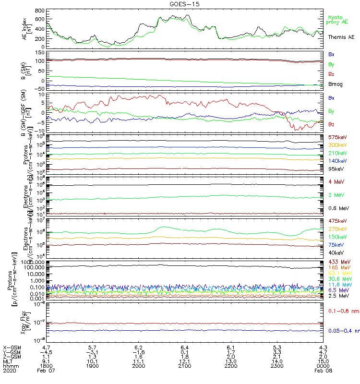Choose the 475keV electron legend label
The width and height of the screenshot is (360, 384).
coord(338,221)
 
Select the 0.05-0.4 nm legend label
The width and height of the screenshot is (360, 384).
coord(343,331)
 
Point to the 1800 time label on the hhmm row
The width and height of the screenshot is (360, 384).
coord(46,366)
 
